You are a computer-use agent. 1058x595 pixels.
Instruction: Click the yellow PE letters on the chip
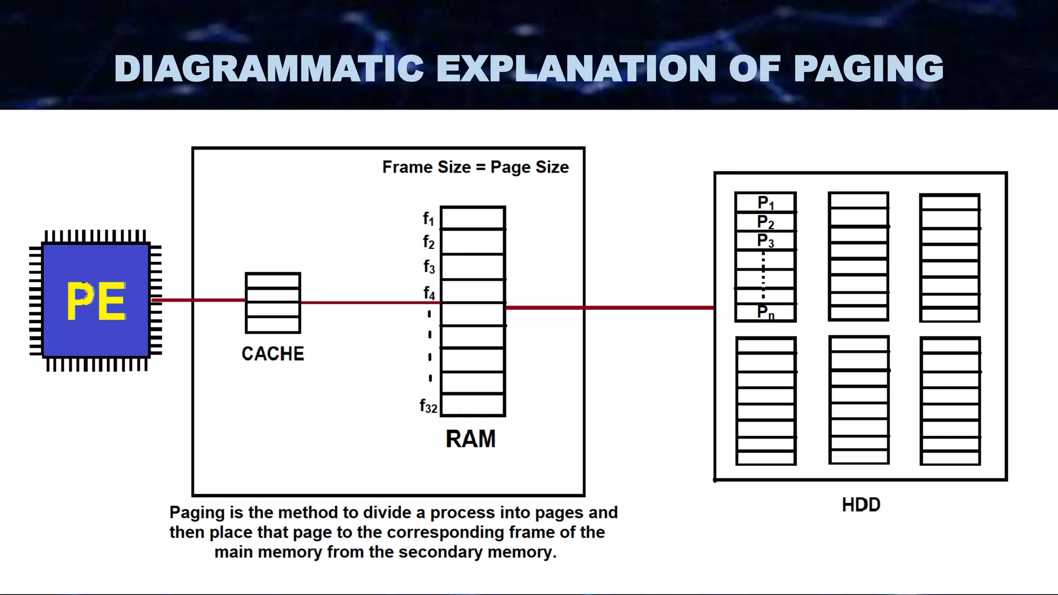click(x=96, y=301)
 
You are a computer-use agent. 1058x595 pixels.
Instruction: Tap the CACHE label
click(x=273, y=354)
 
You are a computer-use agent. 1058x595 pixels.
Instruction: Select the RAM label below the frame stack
click(x=470, y=439)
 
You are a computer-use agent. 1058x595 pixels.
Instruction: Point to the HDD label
click(x=861, y=505)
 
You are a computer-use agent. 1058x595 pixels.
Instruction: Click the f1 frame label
click(x=429, y=219)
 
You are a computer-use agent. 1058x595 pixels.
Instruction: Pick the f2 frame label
click(x=429, y=242)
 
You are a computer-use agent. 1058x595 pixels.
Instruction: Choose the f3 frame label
click(x=429, y=267)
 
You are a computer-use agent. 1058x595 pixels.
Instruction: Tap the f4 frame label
click(x=429, y=293)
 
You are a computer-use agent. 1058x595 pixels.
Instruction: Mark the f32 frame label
click(x=428, y=406)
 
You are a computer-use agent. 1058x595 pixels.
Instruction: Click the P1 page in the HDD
click(x=766, y=203)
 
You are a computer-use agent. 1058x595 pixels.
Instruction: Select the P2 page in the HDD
click(x=766, y=222)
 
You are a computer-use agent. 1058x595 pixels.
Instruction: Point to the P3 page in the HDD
click(x=766, y=241)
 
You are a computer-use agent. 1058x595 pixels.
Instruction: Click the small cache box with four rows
click(x=273, y=303)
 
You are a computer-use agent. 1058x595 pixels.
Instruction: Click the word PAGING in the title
click(x=868, y=68)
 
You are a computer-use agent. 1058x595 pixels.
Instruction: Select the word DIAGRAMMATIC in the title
click(x=269, y=68)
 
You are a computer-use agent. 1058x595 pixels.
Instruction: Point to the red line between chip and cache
click(x=198, y=300)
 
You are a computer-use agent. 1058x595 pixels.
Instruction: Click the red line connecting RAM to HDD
click(x=610, y=308)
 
